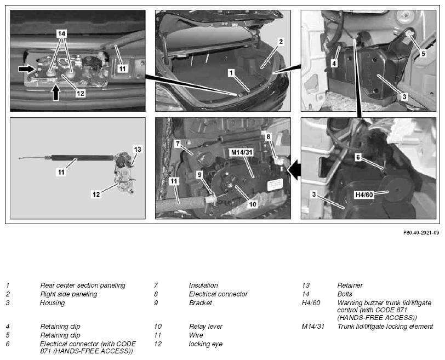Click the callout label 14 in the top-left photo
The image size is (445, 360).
(x=61, y=34)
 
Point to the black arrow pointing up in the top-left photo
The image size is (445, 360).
(x=56, y=93)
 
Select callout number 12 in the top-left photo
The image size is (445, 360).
(x=81, y=93)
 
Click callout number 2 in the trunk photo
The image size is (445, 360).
(x=281, y=42)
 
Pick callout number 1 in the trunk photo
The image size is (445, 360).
(x=231, y=73)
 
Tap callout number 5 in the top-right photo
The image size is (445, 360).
(x=423, y=53)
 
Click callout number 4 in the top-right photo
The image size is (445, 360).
(x=334, y=63)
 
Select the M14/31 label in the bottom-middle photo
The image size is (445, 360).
(x=242, y=152)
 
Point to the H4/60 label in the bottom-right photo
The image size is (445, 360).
(x=364, y=195)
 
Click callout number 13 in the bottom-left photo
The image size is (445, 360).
(x=138, y=150)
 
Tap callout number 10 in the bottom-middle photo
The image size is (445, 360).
(x=252, y=204)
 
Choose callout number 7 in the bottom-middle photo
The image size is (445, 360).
(x=178, y=144)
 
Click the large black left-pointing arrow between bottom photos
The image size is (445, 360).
(x=295, y=170)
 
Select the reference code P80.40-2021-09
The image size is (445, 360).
(x=421, y=233)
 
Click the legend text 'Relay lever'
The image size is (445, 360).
(x=206, y=327)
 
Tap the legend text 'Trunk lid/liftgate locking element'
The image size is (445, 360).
(x=385, y=327)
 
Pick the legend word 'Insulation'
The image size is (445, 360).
(x=203, y=285)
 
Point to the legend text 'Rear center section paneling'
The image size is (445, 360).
(x=83, y=285)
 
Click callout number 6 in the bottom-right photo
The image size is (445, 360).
(x=358, y=157)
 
